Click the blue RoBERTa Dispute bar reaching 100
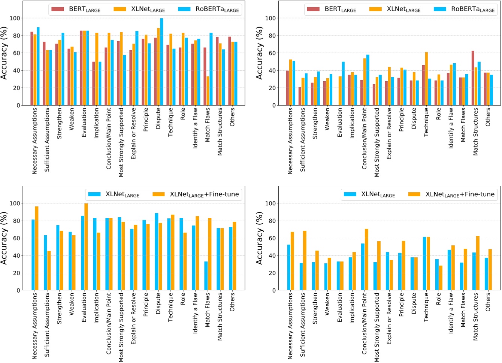(x=161, y=62)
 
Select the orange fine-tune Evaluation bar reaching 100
(x=86, y=246)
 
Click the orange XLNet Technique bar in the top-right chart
(x=426, y=79)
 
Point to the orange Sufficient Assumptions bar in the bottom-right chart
(x=305, y=260)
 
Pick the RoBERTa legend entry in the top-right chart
(x=465, y=9)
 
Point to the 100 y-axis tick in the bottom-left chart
(x=15, y=203)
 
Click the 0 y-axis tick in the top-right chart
(x=274, y=106)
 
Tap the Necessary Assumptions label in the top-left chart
(x=35, y=141)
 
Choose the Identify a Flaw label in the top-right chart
(x=451, y=128)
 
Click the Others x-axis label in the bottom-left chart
(x=232, y=302)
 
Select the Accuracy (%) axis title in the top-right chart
(x=259, y=53)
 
